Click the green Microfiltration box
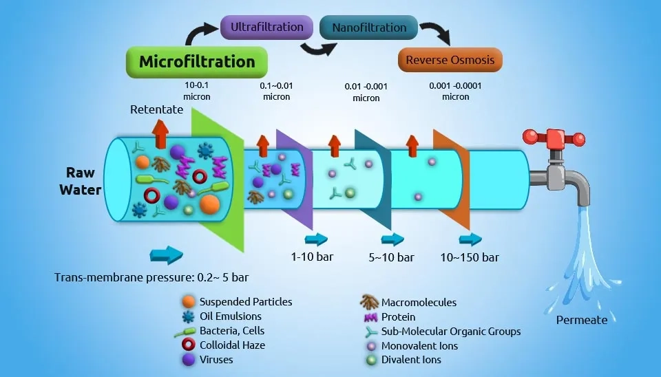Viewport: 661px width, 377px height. coord(197,62)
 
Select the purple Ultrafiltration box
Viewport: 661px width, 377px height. coord(262,27)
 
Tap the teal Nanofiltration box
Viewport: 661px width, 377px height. coord(368,28)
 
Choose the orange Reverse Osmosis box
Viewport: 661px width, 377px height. coord(450,60)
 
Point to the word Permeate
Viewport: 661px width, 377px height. coord(582,319)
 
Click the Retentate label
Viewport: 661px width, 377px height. coord(156,109)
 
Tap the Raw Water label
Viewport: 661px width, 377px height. coord(85,180)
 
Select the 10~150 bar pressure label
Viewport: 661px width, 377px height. coord(470,257)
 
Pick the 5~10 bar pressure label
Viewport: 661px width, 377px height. coord(392,257)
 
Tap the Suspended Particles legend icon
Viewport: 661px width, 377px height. coord(187,302)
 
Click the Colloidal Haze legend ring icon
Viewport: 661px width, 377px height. coord(187,345)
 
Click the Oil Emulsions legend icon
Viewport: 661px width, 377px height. coord(187,316)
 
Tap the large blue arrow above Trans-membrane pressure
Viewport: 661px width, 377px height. coord(166,256)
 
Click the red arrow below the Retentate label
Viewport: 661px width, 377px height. coord(160,133)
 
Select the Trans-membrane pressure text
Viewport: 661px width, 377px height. coord(151,278)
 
